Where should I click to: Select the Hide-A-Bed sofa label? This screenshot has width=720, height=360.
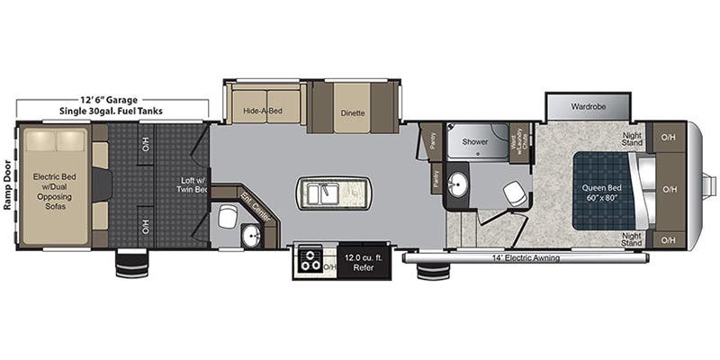click(x=262, y=112)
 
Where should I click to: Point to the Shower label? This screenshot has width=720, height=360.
click(x=475, y=141)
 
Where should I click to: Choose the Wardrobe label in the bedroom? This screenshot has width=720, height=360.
click(x=589, y=106)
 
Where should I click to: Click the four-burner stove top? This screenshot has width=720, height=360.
click(x=310, y=260)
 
